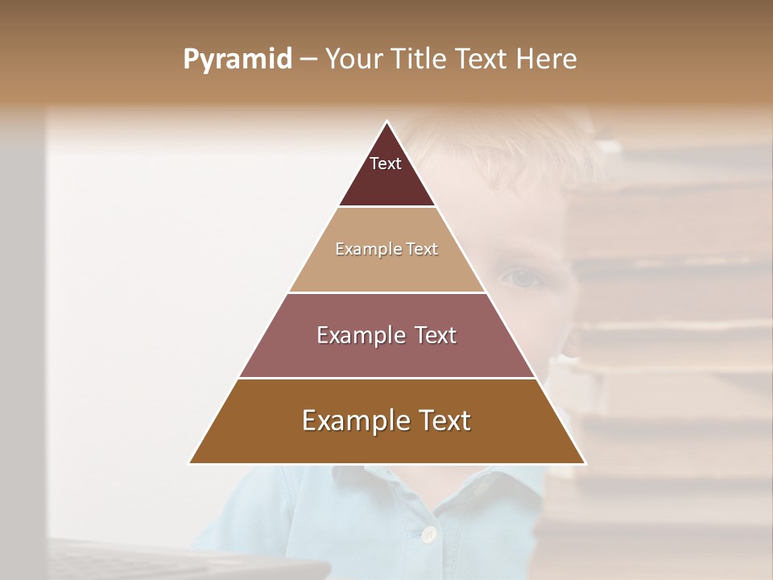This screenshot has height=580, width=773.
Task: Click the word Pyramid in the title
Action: pyautogui.click(x=237, y=60)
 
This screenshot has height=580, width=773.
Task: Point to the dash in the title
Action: pyautogui.click(x=308, y=60)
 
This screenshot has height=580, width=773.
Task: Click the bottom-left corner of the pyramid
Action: pyautogui.click(x=191, y=462)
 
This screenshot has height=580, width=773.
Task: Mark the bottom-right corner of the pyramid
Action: pyautogui.click(x=584, y=462)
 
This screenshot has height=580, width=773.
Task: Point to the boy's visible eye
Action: pyautogui.click(x=522, y=278)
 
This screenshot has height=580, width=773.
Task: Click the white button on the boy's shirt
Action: pyautogui.click(x=429, y=533)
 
